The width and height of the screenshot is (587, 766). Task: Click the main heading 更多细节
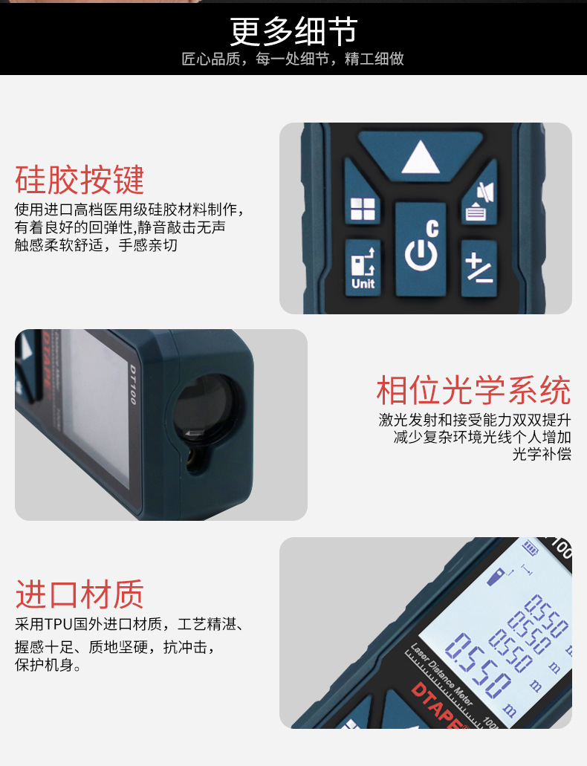click(x=293, y=31)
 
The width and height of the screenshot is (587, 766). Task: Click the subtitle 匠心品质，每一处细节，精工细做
click(x=293, y=59)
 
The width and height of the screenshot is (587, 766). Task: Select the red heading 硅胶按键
click(x=80, y=181)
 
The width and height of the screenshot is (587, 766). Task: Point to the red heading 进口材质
click(x=80, y=594)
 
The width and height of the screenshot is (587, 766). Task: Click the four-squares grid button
click(x=363, y=208)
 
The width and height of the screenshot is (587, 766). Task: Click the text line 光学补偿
click(x=542, y=455)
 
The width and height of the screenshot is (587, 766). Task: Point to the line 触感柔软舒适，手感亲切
click(x=96, y=245)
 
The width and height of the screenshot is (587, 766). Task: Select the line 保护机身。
click(x=48, y=666)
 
